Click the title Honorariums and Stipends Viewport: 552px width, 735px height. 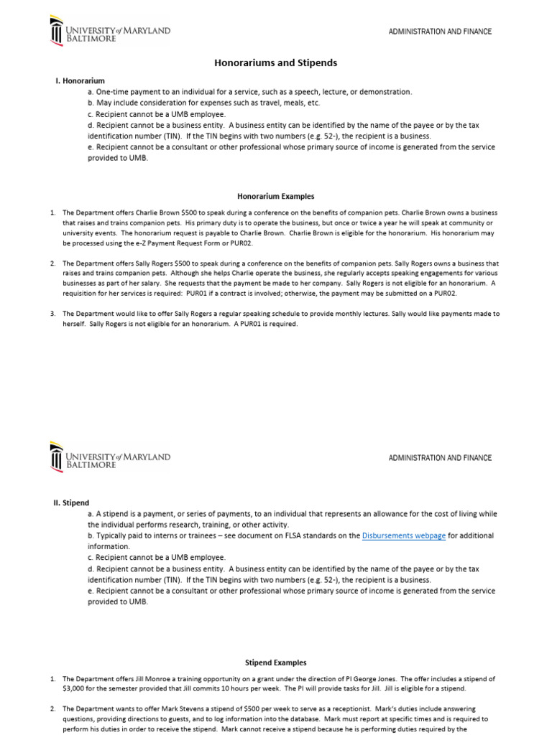click(x=276, y=63)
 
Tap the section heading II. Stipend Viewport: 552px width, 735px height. click(x=72, y=503)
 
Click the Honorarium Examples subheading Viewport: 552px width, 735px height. click(x=276, y=196)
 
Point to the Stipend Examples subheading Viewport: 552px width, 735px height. click(x=276, y=663)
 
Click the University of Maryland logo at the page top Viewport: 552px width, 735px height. click(x=109, y=32)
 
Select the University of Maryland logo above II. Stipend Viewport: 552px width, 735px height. click(x=109, y=458)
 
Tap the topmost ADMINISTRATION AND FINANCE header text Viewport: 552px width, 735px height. click(x=440, y=32)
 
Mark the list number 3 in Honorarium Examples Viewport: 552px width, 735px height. click(x=53, y=314)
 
